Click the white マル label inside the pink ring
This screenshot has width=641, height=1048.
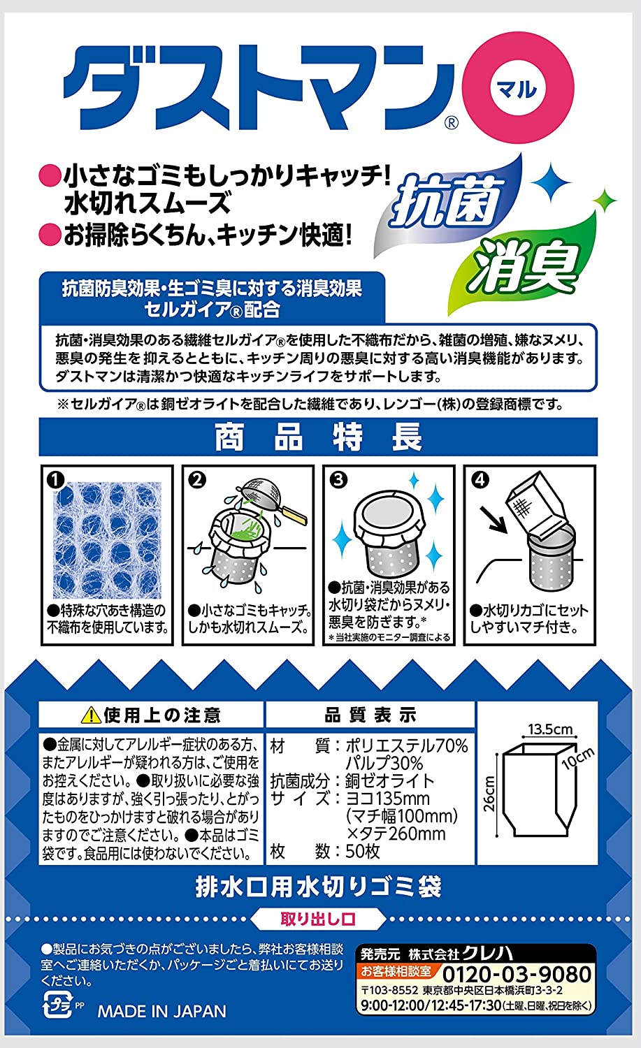tap(518, 88)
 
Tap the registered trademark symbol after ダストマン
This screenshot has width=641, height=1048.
tap(450, 122)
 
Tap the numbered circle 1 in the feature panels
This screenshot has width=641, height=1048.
tap(56, 480)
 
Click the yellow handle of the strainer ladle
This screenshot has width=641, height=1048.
tap(290, 512)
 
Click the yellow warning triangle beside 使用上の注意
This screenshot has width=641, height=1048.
tap(91, 716)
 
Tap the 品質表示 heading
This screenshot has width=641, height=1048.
tap(370, 715)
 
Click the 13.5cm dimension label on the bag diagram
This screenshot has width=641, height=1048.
tap(550, 729)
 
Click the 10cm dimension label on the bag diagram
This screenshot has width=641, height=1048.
tap(579, 759)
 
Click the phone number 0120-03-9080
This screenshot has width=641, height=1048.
tap(517, 974)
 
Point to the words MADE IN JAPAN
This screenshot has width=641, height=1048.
tap(161, 1011)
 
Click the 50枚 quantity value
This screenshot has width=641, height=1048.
tap(362, 851)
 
